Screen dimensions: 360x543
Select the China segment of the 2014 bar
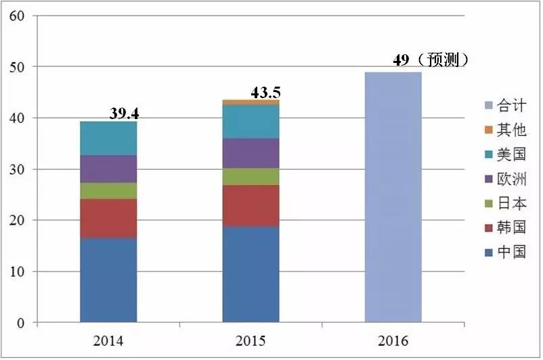tap(108, 280)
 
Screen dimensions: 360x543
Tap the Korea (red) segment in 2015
tap(251, 206)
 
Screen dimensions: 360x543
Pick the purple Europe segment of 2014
tap(108, 168)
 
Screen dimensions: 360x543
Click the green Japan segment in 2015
tap(251, 177)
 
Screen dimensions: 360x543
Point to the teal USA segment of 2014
tap(108, 138)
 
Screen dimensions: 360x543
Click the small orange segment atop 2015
tap(251, 102)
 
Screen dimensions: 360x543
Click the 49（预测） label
tap(431, 60)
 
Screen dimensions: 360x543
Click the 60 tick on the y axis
tap(17, 16)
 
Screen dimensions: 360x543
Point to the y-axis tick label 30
tap(17, 169)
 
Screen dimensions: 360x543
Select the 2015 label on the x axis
tap(251, 339)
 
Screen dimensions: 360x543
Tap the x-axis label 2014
tap(108, 339)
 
